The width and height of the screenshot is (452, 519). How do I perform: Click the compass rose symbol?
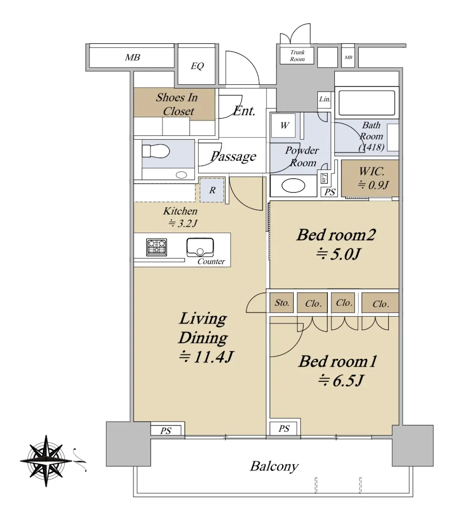click(46, 461)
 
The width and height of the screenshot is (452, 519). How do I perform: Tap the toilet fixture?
click(156, 151)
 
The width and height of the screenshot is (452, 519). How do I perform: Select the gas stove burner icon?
click(157, 247)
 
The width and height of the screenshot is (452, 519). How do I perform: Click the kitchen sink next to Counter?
click(200, 247)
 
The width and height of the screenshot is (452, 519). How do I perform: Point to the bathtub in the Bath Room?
click(366, 103)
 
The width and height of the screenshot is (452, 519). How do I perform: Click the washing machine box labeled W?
click(283, 125)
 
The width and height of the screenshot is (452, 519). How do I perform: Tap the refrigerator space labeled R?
click(212, 190)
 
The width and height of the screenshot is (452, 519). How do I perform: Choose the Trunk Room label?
click(297, 55)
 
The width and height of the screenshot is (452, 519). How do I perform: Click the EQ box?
click(197, 66)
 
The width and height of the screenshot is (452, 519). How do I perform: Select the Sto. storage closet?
click(282, 303)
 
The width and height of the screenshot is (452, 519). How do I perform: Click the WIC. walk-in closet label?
click(372, 171)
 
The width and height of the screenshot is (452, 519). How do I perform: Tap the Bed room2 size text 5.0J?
click(338, 254)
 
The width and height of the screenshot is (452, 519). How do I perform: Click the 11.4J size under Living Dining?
click(206, 357)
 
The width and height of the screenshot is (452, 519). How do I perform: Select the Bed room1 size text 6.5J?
click(341, 381)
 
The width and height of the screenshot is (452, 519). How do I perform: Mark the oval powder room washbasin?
click(293, 186)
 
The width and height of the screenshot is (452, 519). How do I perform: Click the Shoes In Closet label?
click(177, 104)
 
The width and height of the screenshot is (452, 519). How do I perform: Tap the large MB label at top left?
click(132, 58)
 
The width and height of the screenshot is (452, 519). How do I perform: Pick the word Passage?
click(234, 157)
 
